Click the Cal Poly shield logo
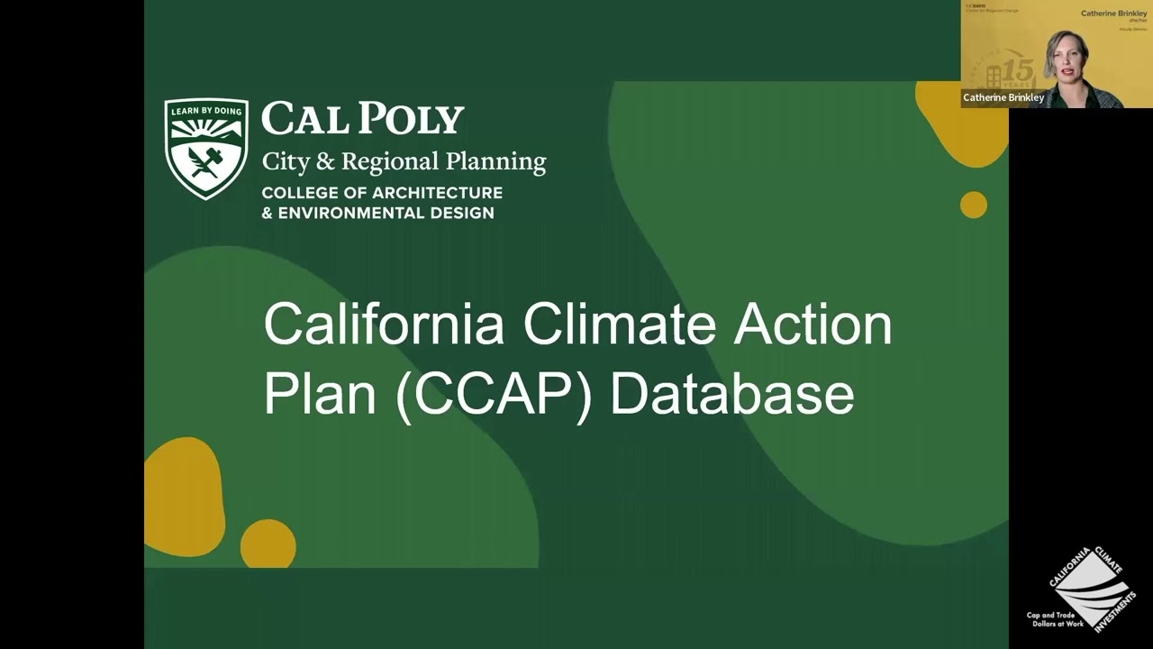(x=206, y=148)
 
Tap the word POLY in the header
(x=413, y=119)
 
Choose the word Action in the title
(x=813, y=324)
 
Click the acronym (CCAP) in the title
(x=494, y=395)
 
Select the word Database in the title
(x=731, y=395)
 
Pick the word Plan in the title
(x=320, y=395)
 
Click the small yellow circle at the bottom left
(x=268, y=544)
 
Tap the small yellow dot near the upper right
(x=973, y=205)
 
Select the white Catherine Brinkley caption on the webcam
(x=1003, y=97)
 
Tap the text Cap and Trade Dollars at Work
(x=1056, y=619)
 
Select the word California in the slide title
(x=384, y=324)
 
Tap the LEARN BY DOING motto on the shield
(x=206, y=111)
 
